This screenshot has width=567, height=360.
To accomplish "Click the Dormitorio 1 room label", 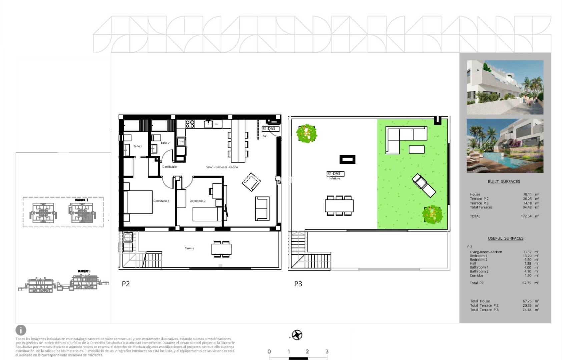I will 161,201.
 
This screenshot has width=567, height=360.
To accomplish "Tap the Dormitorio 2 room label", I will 197,201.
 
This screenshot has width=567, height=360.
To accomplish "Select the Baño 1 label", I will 137,146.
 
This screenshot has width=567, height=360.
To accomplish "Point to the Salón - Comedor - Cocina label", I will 222,167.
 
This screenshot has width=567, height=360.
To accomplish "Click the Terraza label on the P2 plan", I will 189,248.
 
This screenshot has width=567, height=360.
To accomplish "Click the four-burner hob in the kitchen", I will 190,124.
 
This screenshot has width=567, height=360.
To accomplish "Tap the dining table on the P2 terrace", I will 221,249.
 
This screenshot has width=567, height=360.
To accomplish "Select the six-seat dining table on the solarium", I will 339,206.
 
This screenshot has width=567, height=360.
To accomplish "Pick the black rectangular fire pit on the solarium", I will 347,160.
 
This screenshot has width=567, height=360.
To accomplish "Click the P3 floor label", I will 298,284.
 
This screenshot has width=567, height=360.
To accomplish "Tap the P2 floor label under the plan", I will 126,284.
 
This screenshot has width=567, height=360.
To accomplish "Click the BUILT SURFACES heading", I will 504,182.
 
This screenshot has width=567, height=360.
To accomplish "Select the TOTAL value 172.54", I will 526,216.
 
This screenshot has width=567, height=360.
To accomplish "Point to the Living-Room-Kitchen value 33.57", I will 527,252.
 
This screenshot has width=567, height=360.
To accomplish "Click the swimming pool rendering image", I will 505,146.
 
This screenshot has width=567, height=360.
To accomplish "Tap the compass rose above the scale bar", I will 297,335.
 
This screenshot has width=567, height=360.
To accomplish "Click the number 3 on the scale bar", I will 327,351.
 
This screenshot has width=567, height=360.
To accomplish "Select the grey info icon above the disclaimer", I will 21,330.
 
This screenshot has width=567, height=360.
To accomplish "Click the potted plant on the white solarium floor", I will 306,133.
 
